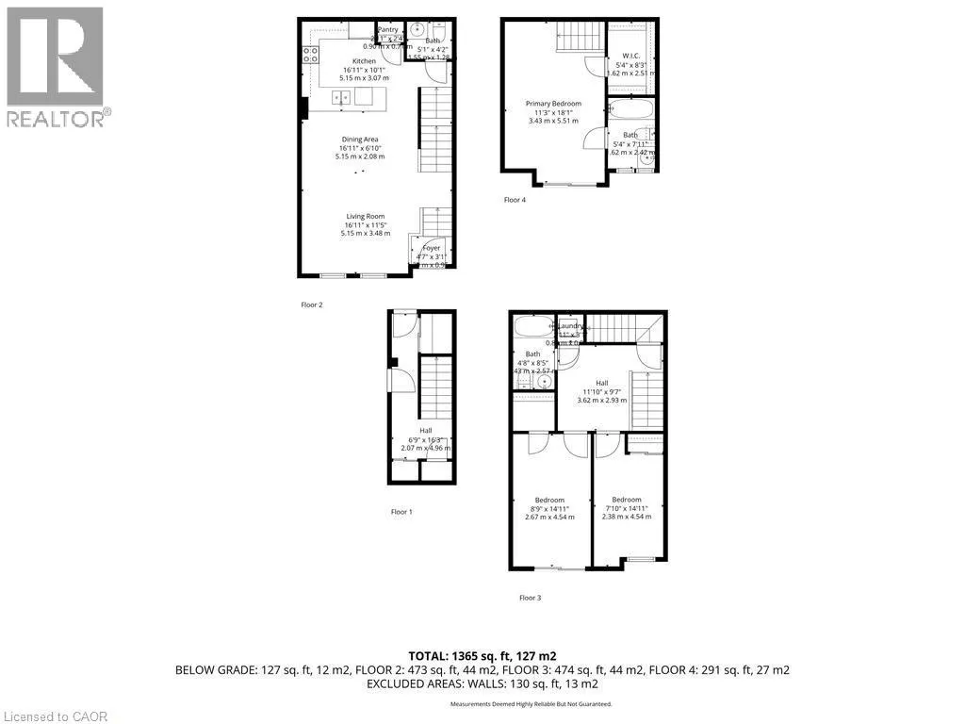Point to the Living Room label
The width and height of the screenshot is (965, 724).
(x=363, y=216)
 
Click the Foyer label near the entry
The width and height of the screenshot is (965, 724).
(x=431, y=248)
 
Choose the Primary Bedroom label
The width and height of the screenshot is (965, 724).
(x=553, y=104)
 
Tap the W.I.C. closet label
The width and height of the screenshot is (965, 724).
(x=630, y=56)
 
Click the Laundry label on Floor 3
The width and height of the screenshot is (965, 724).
(x=571, y=326)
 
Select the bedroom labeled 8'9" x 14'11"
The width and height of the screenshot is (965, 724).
(x=549, y=500)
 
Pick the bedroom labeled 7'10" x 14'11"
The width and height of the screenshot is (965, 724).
(x=626, y=500)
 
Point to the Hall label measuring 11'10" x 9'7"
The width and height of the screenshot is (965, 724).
(x=601, y=382)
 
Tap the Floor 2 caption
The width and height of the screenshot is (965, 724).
(x=312, y=304)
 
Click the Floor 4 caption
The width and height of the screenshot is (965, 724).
(x=515, y=200)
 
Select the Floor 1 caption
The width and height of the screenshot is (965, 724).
(x=401, y=512)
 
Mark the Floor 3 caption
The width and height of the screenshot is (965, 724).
(x=531, y=598)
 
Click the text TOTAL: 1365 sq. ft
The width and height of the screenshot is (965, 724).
(x=481, y=655)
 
